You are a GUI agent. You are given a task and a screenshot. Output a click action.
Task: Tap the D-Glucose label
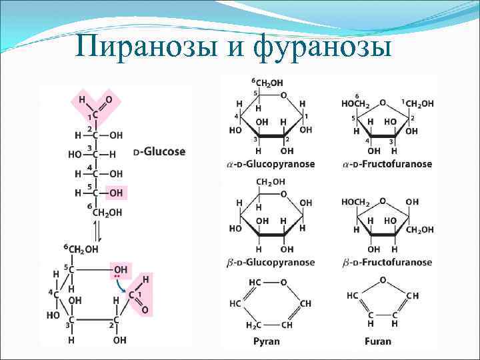pyautogui.click(x=159, y=152)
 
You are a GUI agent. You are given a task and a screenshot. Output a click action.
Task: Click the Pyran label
pyautogui.click(x=267, y=341)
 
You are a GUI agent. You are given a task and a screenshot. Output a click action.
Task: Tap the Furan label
pyautogui.click(x=378, y=341)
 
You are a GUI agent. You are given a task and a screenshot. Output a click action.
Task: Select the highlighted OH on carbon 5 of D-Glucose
pyautogui.click(x=116, y=193)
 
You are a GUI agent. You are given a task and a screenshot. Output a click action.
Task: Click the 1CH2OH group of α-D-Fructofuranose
pyautogui.click(x=417, y=103)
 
